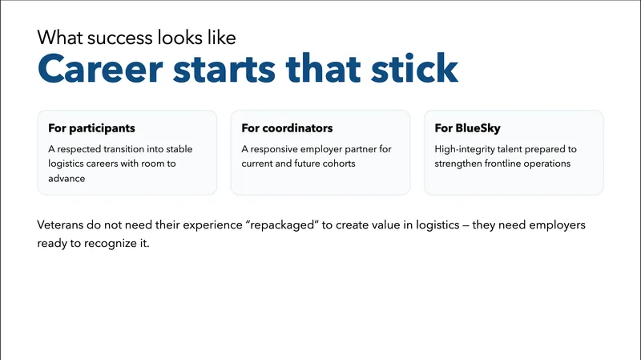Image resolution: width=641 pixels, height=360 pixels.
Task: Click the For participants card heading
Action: pos(91,128)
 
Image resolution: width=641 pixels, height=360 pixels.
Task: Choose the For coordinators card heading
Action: pos(287,128)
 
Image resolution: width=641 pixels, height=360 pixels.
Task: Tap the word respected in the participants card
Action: pos(83,149)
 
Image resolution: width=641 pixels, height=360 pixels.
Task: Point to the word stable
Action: pos(179,149)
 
